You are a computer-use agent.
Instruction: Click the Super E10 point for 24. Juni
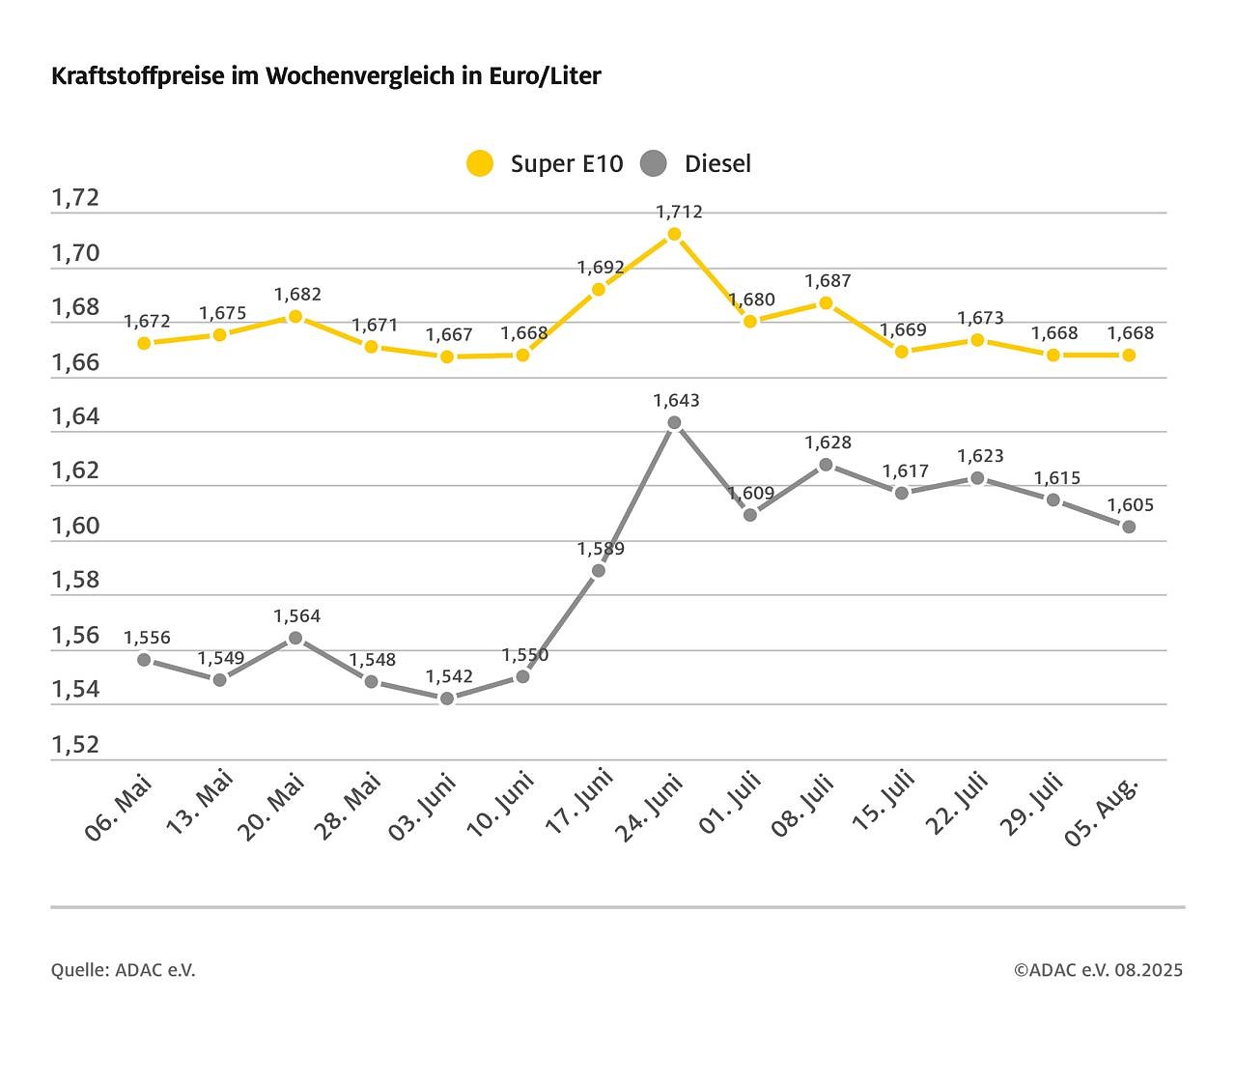[x=674, y=234]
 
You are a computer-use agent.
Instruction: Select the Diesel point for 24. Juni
[x=674, y=422]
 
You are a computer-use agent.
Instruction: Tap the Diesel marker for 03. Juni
[x=446, y=698]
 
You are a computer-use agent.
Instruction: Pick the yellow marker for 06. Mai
[x=144, y=343]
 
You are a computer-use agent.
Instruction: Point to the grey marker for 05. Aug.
[x=1128, y=527]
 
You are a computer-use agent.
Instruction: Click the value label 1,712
[x=679, y=212]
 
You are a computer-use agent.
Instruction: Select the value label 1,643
[x=676, y=400]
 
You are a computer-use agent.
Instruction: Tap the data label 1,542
[x=449, y=676]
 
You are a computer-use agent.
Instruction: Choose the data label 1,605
[x=1130, y=504]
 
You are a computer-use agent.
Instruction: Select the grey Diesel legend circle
[x=654, y=163]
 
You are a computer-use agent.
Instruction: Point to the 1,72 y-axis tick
[x=75, y=198]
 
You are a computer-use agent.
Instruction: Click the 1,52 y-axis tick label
[x=75, y=745]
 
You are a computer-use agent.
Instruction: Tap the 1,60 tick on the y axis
[x=75, y=527]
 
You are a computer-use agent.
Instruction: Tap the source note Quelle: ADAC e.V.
[x=123, y=970]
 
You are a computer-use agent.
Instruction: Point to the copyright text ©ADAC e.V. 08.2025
[x=1098, y=970]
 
